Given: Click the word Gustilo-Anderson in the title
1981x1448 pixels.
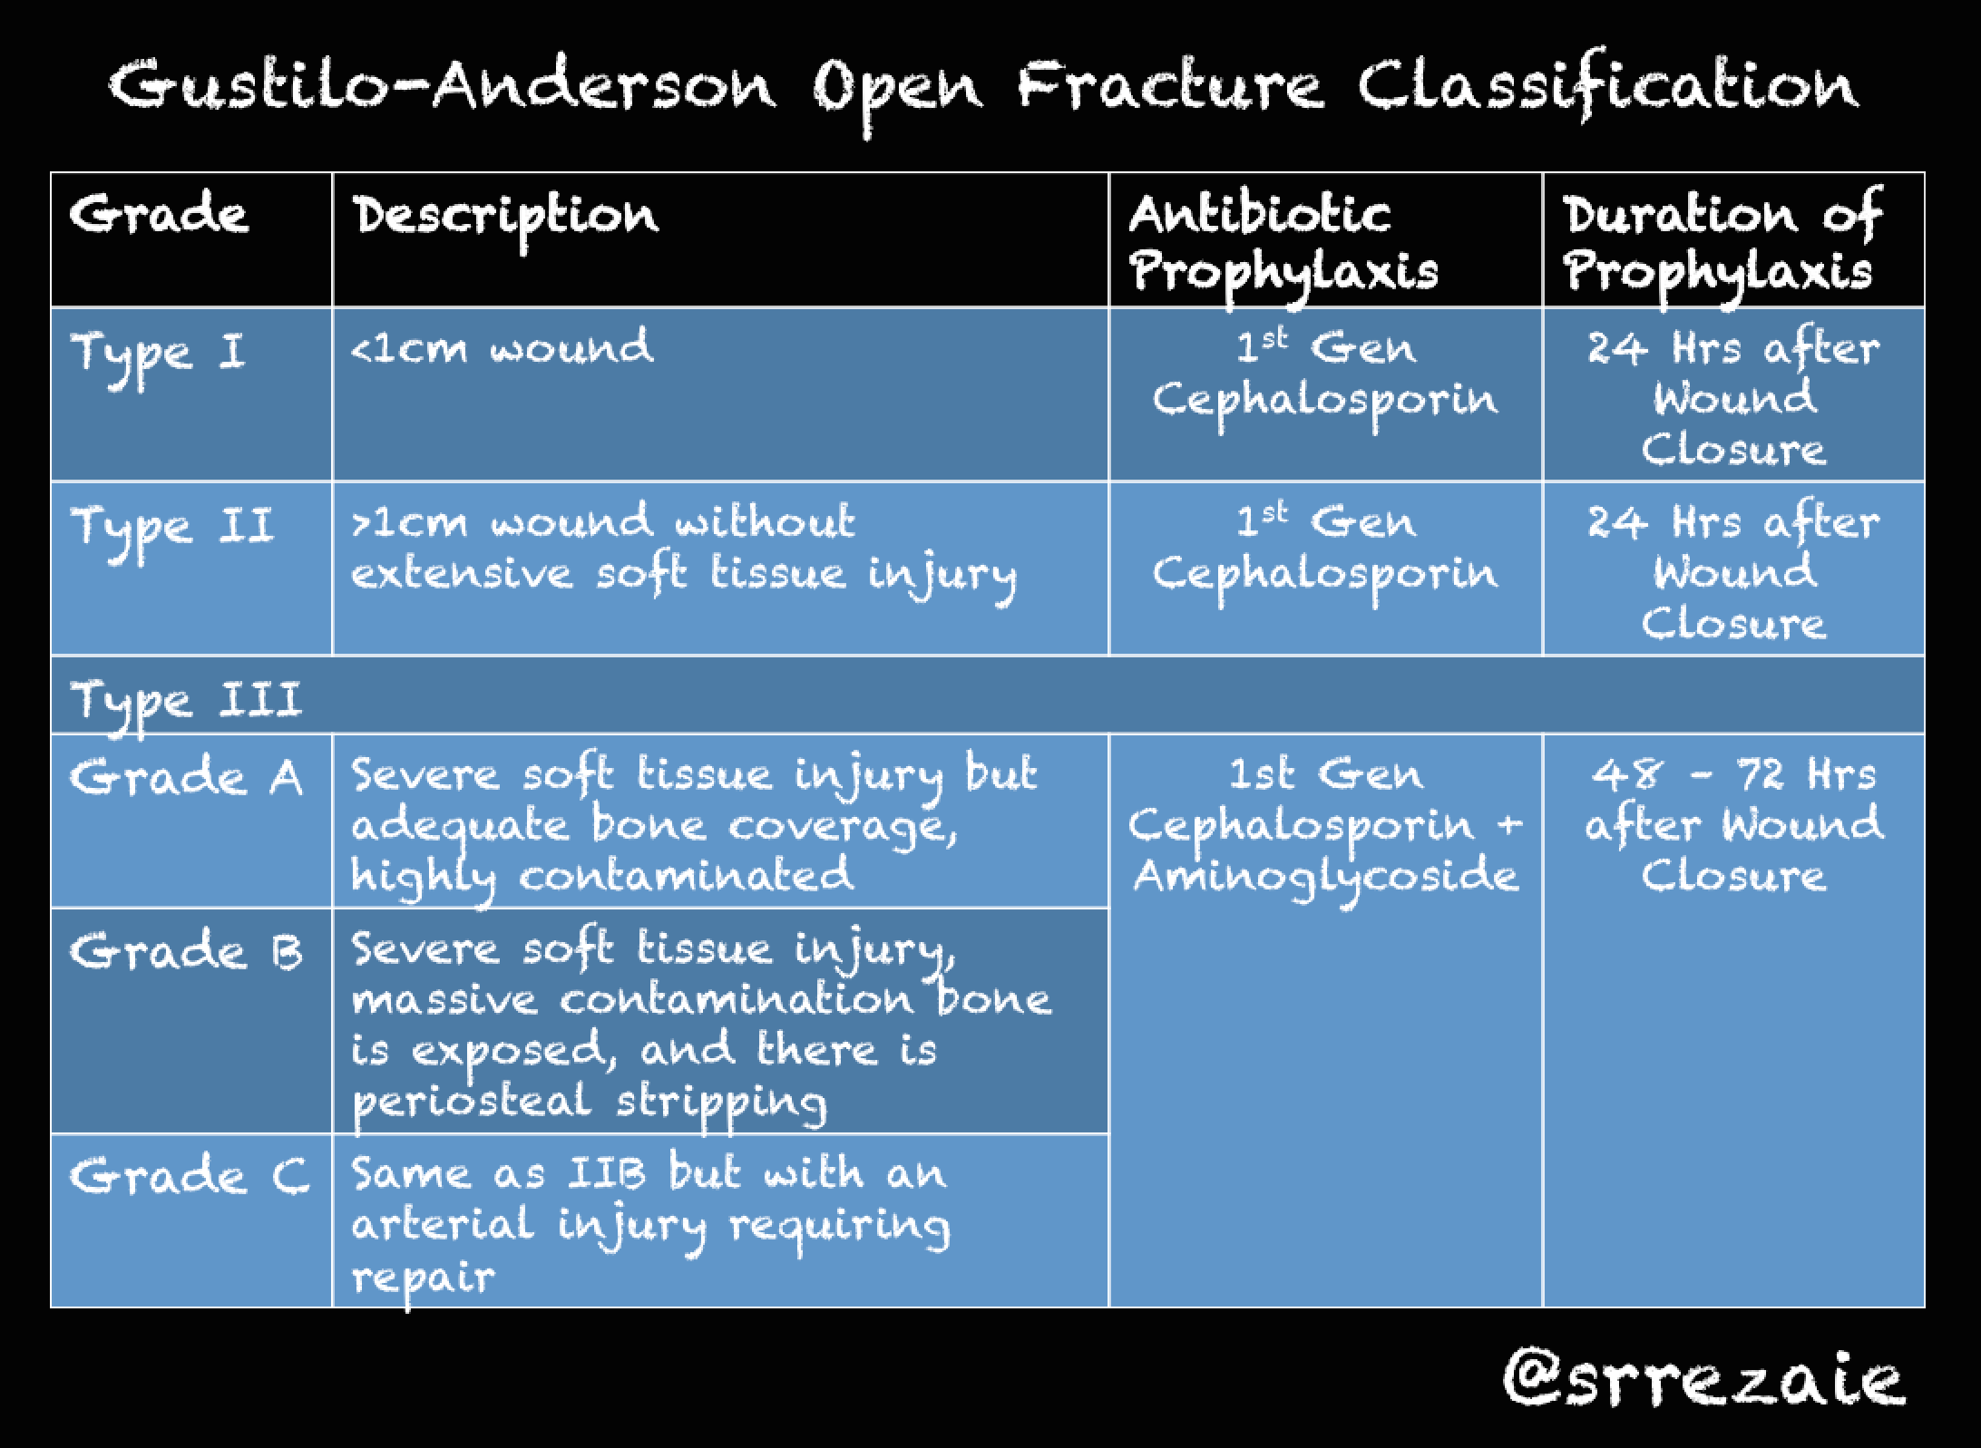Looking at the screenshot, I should [442, 86].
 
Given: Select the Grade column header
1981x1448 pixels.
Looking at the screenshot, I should [159, 215].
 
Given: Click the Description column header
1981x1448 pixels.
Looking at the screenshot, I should [505, 218].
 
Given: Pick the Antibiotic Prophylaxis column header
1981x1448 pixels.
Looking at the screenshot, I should [1283, 243].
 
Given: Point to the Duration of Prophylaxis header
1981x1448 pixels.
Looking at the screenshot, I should [1721, 243].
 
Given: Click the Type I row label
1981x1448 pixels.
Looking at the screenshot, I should [158, 354].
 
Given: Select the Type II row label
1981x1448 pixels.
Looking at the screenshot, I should [171, 528].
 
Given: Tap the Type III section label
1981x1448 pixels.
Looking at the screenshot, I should [186, 701].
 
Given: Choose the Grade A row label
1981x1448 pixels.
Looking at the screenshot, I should [186, 778].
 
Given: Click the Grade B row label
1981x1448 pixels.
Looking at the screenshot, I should [186, 952].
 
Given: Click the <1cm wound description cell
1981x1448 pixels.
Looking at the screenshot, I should [502, 348].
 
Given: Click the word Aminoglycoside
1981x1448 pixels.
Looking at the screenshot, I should [1326, 877].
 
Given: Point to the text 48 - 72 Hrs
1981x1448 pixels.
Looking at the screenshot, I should [1732, 775].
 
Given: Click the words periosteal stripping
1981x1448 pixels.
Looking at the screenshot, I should [590, 1102].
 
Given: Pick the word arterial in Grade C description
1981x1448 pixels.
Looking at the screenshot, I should [442, 1226].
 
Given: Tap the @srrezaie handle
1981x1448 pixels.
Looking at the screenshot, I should [1703, 1378].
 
